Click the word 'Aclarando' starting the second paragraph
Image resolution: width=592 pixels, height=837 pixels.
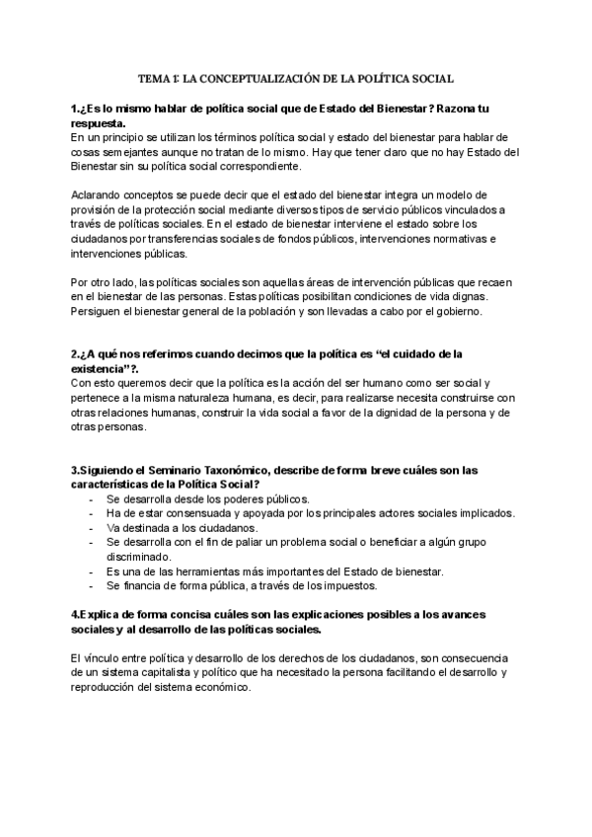(97, 195)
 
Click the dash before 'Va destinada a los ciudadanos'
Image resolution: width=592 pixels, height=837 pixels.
(92, 528)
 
